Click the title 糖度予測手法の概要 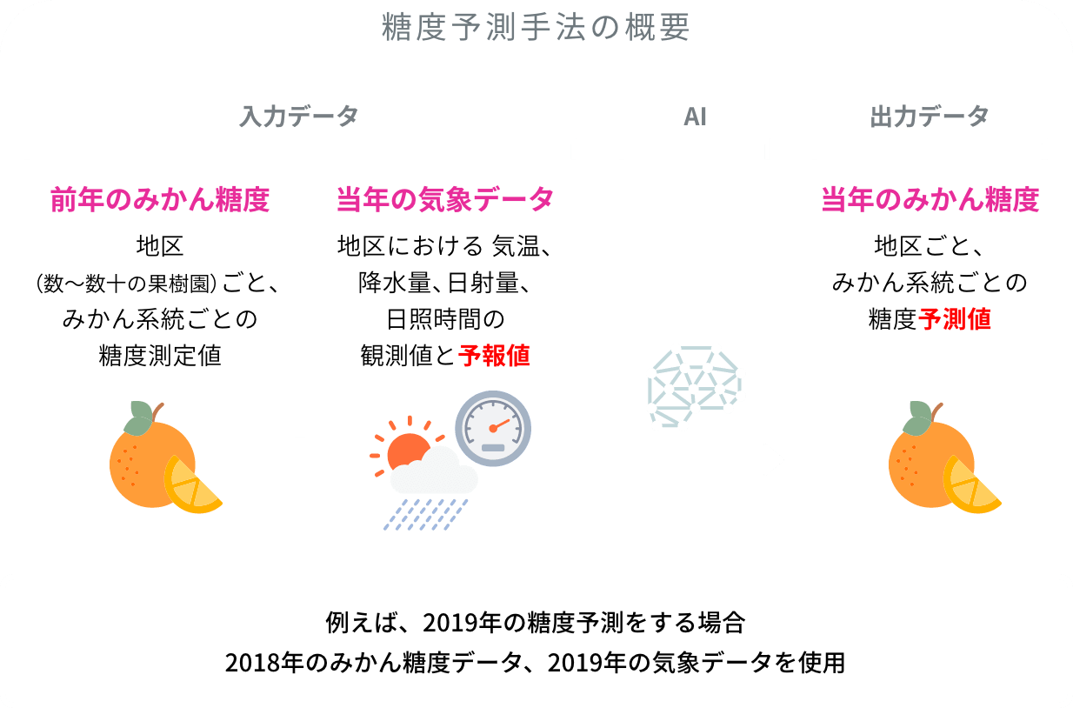pos(536,28)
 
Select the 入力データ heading pos(299,117)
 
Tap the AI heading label pos(695,117)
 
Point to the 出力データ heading pos(930,117)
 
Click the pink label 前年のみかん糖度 pos(160,200)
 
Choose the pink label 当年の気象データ pos(445,200)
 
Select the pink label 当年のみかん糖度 pos(930,200)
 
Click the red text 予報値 pos(494,355)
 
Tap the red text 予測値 pos(955,319)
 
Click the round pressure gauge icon pos(493,428)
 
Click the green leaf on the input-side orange pos(137,419)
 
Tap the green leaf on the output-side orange pos(916,419)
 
